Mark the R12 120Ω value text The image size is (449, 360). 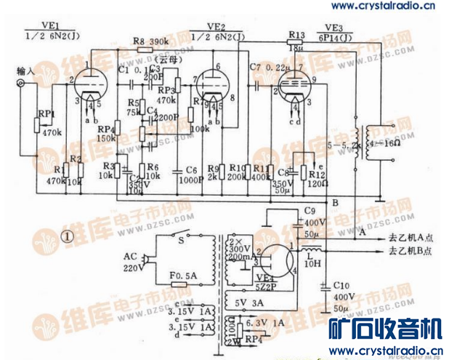pyautogui.click(x=315, y=185)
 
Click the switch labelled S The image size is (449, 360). pyautogui.click(x=181, y=236)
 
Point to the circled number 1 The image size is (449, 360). pyautogui.click(x=68, y=236)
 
